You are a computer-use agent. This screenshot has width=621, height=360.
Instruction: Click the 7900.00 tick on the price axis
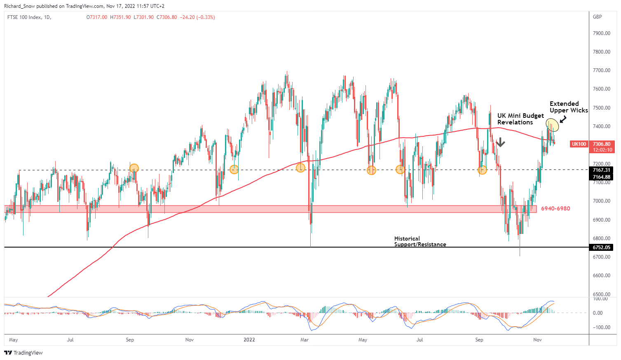[x=602, y=33]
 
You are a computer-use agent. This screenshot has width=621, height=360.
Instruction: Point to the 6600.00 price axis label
[x=602, y=276]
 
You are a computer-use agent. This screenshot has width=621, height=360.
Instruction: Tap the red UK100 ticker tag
[x=579, y=144]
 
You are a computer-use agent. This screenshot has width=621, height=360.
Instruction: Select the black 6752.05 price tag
[x=602, y=248]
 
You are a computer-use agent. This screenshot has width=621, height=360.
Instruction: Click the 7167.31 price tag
[x=602, y=170]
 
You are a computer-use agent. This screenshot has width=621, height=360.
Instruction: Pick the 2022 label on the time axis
[x=249, y=340]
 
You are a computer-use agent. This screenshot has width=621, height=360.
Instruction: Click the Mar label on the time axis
[x=305, y=340]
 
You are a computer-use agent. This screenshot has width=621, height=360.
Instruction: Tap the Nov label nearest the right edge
[x=537, y=340]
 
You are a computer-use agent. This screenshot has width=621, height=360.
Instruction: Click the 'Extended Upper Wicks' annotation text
[x=568, y=107]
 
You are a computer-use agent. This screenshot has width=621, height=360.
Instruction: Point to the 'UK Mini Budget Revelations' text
[x=520, y=119]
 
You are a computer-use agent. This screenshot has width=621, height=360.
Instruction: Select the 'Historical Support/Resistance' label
[x=420, y=241]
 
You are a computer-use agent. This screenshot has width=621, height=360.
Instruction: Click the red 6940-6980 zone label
[x=555, y=209]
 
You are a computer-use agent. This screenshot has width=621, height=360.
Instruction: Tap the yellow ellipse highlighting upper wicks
[x=552, y=124]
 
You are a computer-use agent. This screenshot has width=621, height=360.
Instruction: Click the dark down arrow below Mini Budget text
[x=500, y=143]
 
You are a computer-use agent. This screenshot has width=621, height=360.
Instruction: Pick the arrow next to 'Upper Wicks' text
[x=563, y=119]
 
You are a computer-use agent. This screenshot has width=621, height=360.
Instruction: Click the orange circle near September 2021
[x=134, y=168]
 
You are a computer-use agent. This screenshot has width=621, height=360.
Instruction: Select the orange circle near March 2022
[x=300, y=168]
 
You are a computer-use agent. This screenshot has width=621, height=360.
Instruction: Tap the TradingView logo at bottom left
[x=23, y=353]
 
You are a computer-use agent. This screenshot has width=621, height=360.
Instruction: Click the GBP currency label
[x=597, y=17]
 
